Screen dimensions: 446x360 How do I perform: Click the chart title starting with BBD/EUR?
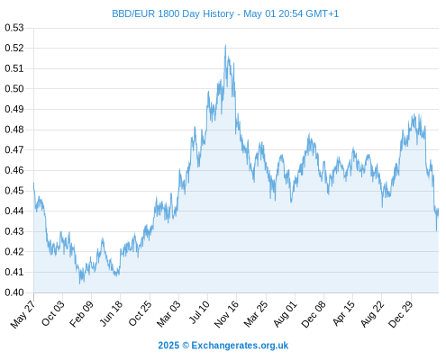(x=225, y=13)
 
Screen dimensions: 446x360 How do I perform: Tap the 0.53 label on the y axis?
(x=14, y=28)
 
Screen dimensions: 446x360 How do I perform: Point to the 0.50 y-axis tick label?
(x=14, y=89)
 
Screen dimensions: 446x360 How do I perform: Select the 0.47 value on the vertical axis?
(x=14, y=149)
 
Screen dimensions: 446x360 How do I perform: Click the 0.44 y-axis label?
(x=14, y=211)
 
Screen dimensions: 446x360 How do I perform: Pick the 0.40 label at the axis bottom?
(x=14, y=292)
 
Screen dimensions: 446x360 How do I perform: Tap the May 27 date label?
(x=23, y=314)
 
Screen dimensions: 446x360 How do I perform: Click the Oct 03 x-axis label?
(x=53, y=313)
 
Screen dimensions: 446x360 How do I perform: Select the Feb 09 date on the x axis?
(x=82, y=313)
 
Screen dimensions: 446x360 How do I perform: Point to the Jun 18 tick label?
(x=111, y=313)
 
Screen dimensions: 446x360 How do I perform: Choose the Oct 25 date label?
(x=141, y=313)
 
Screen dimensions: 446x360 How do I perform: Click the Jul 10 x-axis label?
(x=198, y=312)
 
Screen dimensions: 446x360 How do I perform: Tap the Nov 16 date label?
(x=227, y=314)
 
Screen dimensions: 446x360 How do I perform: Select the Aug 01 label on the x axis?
(x=286, y=313)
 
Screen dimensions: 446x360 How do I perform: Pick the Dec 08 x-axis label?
(x=314, y=314)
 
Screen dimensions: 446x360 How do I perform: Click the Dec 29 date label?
(x=401, y=314)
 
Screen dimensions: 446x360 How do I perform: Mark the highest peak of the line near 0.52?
(x=225, y=45)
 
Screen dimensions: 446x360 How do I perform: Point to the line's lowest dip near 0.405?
(x=79, y=283)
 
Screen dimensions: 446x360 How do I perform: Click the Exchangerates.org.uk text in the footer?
(x=240, y=346)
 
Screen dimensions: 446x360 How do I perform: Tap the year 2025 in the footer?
(x=168, y=346)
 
